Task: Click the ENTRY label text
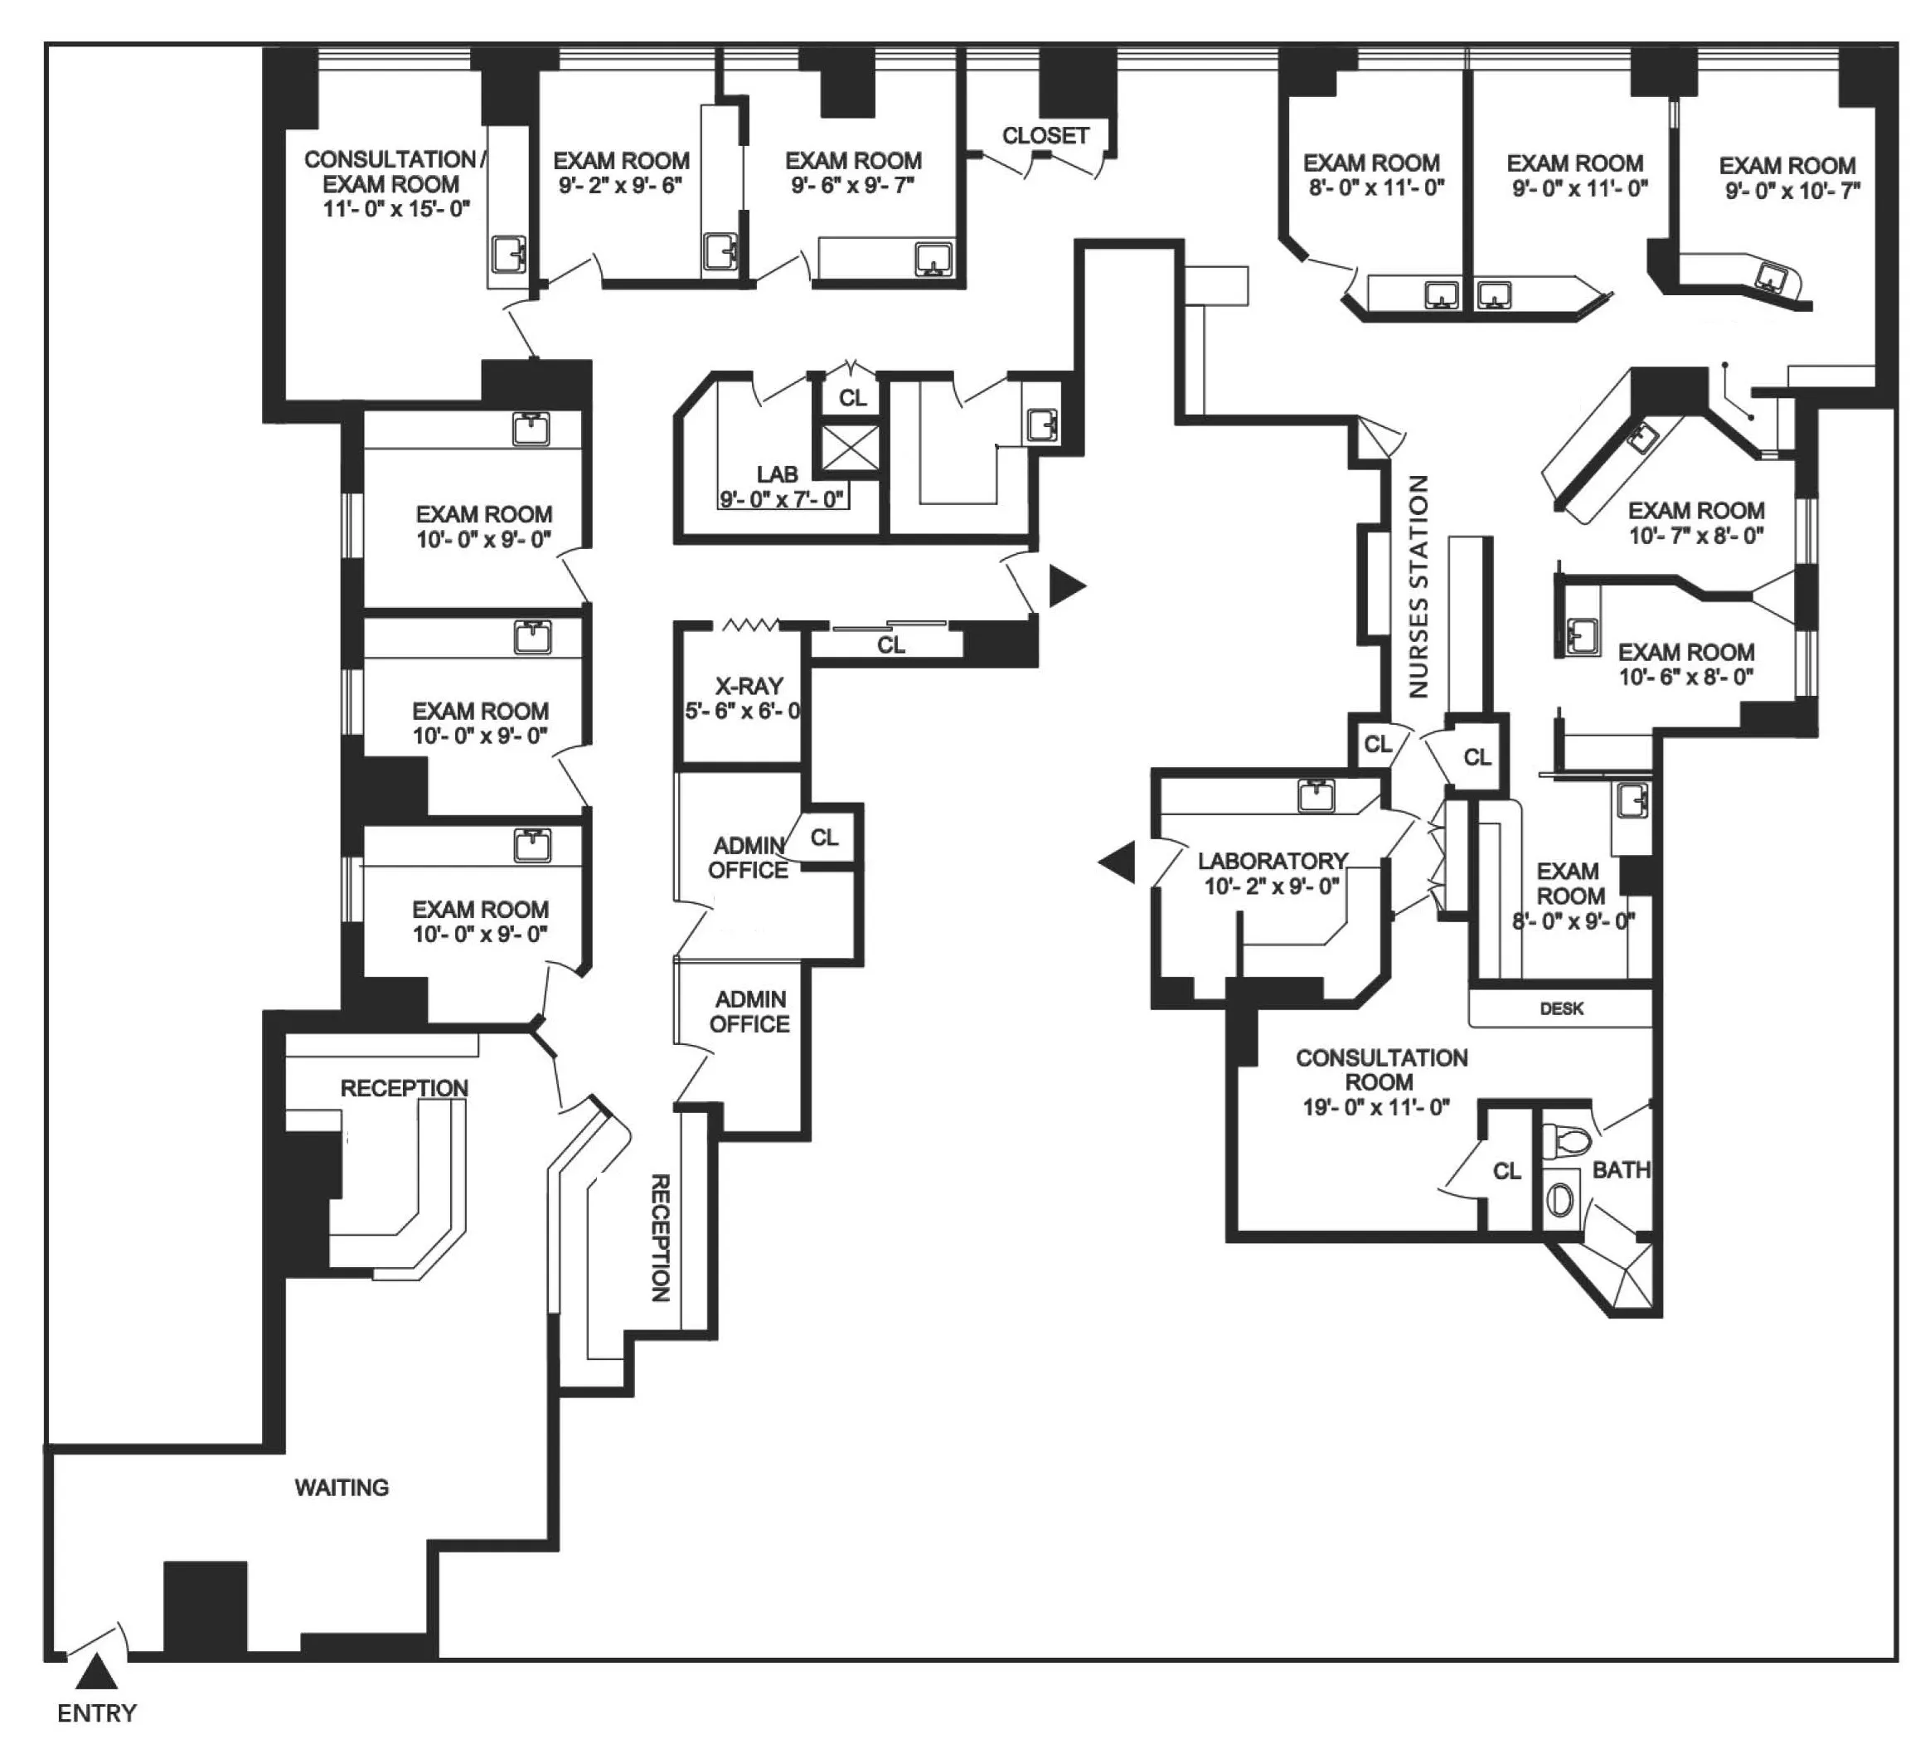[x=96, y=1713]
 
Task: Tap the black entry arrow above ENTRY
[x=96, y=1672]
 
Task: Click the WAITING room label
[x=341, y=1487]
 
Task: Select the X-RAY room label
[x=749, y=686]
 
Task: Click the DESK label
[x=1561, y=1008]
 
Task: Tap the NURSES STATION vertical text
[x=1418, y=585]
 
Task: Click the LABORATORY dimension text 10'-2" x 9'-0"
[x=1272, y=887]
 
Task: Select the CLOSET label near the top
[x=1045, y=136]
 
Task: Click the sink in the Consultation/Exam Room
[x=508, y=255]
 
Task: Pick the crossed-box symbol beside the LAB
[x=850, y=448]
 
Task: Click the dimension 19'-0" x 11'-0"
[x=1376, y=1107]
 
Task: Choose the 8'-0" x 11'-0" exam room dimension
[x=1376, y=188]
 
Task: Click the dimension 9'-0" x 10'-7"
[x=1792, y=192]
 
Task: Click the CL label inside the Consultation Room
[x=1506, y=1171]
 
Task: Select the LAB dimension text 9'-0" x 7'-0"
[x=782, y=499]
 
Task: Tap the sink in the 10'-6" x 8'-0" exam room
[x=1582, y=634]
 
